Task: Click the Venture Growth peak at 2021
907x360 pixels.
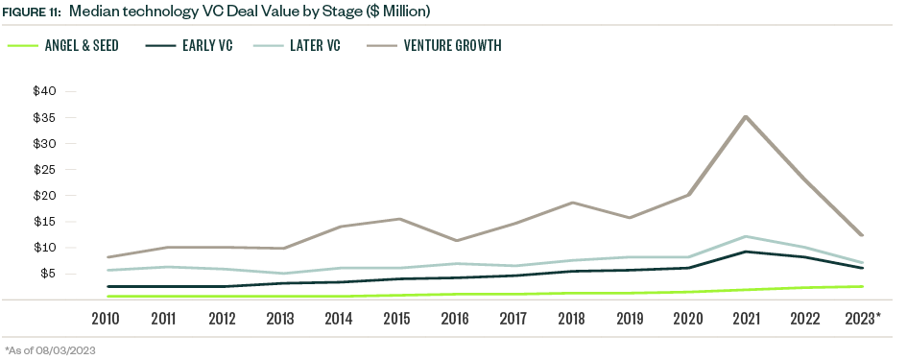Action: pyautogui.click(x=747, y=117)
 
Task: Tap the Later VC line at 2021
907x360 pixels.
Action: pyautogui.click(x=747, y=236)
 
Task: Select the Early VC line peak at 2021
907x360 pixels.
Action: pyautogui.click(x=747, y=252)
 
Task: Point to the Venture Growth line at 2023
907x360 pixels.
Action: pyautogui.click(x=861, y=235)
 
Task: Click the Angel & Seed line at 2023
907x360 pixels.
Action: pyautogui.click(x=861, y=286)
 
